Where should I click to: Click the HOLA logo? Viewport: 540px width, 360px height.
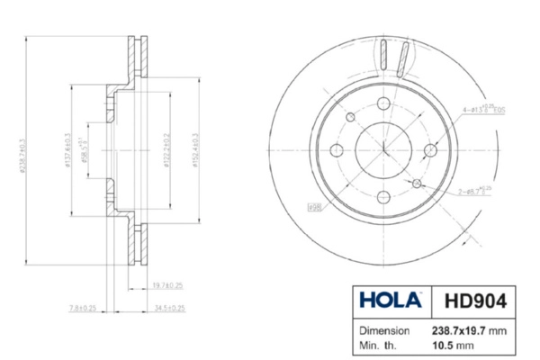pyautogui.click(x=389, y=299)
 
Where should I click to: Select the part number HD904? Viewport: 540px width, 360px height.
pyautogui.click(x=471, y=299)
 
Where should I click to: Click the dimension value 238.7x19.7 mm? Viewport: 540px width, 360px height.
pyautogui.click(x=469, y=330)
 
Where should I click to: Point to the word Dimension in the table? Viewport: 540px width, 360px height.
pyautogui.click(x=384, y=330)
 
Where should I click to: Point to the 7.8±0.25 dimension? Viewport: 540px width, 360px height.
pyautogui.click(x=82, y=308)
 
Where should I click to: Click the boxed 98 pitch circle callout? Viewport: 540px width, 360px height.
pyautogui.click(x=315, y=208)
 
